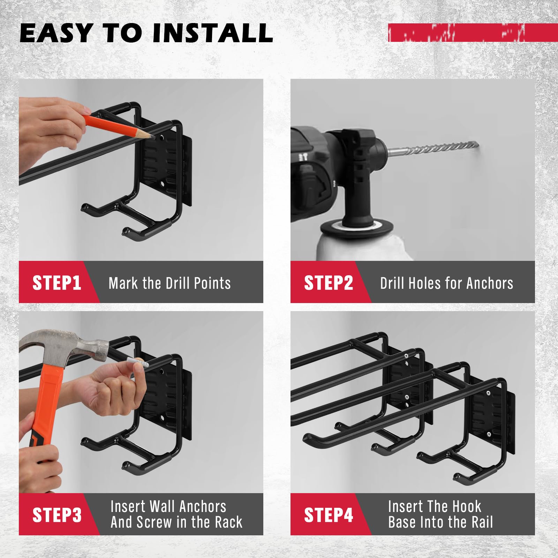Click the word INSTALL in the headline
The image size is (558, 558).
(213, 33)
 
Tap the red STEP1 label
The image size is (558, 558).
(56, 282)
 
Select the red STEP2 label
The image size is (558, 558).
(328, 282)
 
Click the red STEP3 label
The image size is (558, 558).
(56, 515)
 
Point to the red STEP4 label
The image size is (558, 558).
(328, 515)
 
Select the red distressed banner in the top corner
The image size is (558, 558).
(473, 33)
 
